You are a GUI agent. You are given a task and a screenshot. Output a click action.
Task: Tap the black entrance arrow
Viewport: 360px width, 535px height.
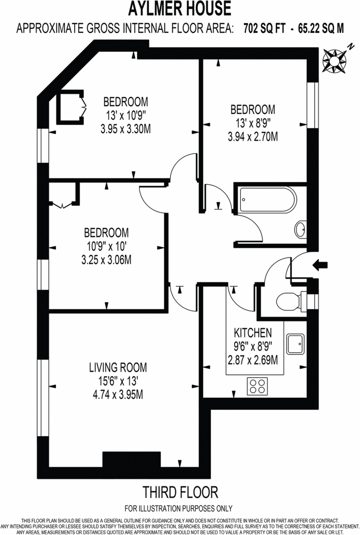click(320, 265)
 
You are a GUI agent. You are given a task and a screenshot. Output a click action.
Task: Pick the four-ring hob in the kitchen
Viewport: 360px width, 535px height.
click(257, 385)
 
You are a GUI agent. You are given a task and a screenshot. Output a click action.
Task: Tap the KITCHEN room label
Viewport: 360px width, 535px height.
click(252, 333)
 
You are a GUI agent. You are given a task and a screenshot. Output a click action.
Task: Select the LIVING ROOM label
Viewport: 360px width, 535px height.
click(118, 367)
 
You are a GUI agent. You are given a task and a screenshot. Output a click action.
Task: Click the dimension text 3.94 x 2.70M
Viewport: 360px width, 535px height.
click(252, 136)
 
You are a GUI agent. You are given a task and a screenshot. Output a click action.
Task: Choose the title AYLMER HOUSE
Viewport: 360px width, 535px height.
click(180, 9)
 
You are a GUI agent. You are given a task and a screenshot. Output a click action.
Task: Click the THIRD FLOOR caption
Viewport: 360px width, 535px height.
click(180, 492)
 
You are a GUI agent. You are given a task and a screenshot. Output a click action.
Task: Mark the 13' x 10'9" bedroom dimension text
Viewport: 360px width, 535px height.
click(125, 116)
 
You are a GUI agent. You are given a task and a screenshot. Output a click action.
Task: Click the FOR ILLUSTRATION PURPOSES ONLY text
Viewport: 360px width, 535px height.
click(179, 508)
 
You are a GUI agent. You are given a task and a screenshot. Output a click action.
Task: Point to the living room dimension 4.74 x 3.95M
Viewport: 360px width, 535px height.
click(118, 394)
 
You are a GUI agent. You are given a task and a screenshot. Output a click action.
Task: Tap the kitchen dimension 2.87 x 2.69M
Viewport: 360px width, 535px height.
click(252, 360)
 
